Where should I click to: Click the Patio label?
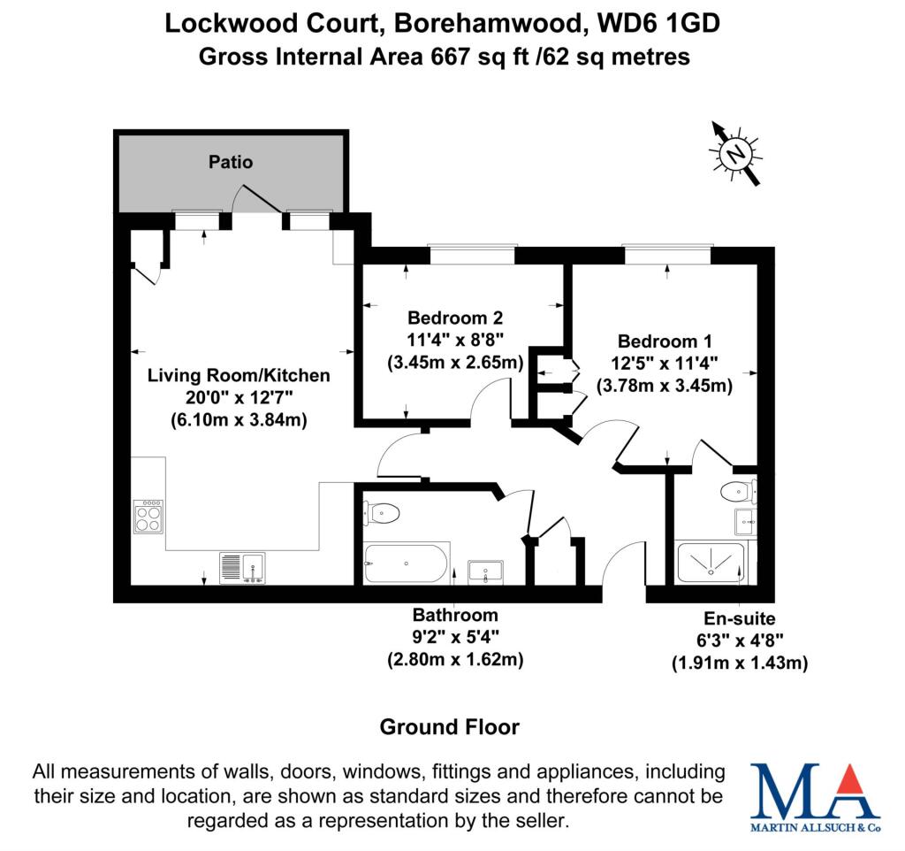coord(231,162)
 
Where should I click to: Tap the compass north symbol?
coord(734,153)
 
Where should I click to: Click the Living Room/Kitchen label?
coord(239,375)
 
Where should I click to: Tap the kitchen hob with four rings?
coord(148,516)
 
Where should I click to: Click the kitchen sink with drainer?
coord(241,567)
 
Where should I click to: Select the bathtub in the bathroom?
coord(406,563)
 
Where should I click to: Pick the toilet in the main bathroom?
coord(381,511)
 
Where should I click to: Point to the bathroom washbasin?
coord(485,572)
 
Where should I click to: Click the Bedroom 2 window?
coord(471,255)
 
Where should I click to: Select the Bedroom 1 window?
coord(666,255)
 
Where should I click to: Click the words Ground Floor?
coord(449,727)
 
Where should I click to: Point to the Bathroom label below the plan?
coord(455,615)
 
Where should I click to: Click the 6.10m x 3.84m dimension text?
coord(239,420)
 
